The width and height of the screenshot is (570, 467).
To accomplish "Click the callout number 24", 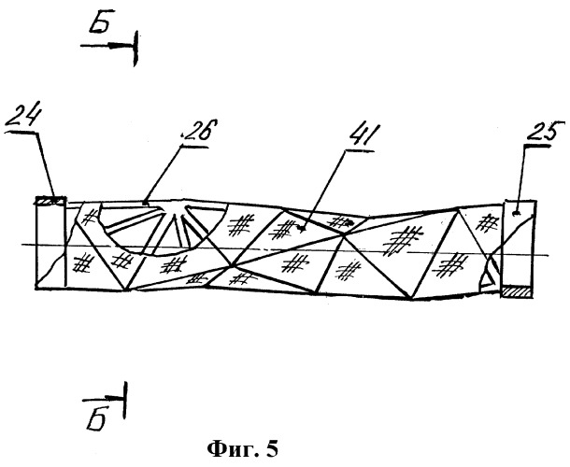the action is click(22, 117).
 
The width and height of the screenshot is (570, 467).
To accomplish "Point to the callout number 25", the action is click(544, 132).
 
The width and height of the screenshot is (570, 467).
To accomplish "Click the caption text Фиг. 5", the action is click(243, 449).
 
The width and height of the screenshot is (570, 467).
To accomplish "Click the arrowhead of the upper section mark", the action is click(118, 46).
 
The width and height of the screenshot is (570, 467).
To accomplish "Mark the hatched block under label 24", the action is click(50, 200).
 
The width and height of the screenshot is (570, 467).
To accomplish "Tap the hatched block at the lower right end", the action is click(517, 291).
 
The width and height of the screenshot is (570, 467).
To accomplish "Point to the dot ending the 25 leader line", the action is click(515, 214).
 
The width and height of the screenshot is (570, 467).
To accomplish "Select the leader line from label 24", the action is click(47, 166).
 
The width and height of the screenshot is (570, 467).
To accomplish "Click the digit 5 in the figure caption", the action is click(272, 449).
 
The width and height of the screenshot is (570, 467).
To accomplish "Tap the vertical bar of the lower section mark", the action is click(125, 400).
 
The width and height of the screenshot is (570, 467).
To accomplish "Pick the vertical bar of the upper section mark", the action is click(135, 49).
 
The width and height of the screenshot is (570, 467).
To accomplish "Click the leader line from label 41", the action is click(322, 190).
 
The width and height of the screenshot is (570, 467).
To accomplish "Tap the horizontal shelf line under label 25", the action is click(536, 146).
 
